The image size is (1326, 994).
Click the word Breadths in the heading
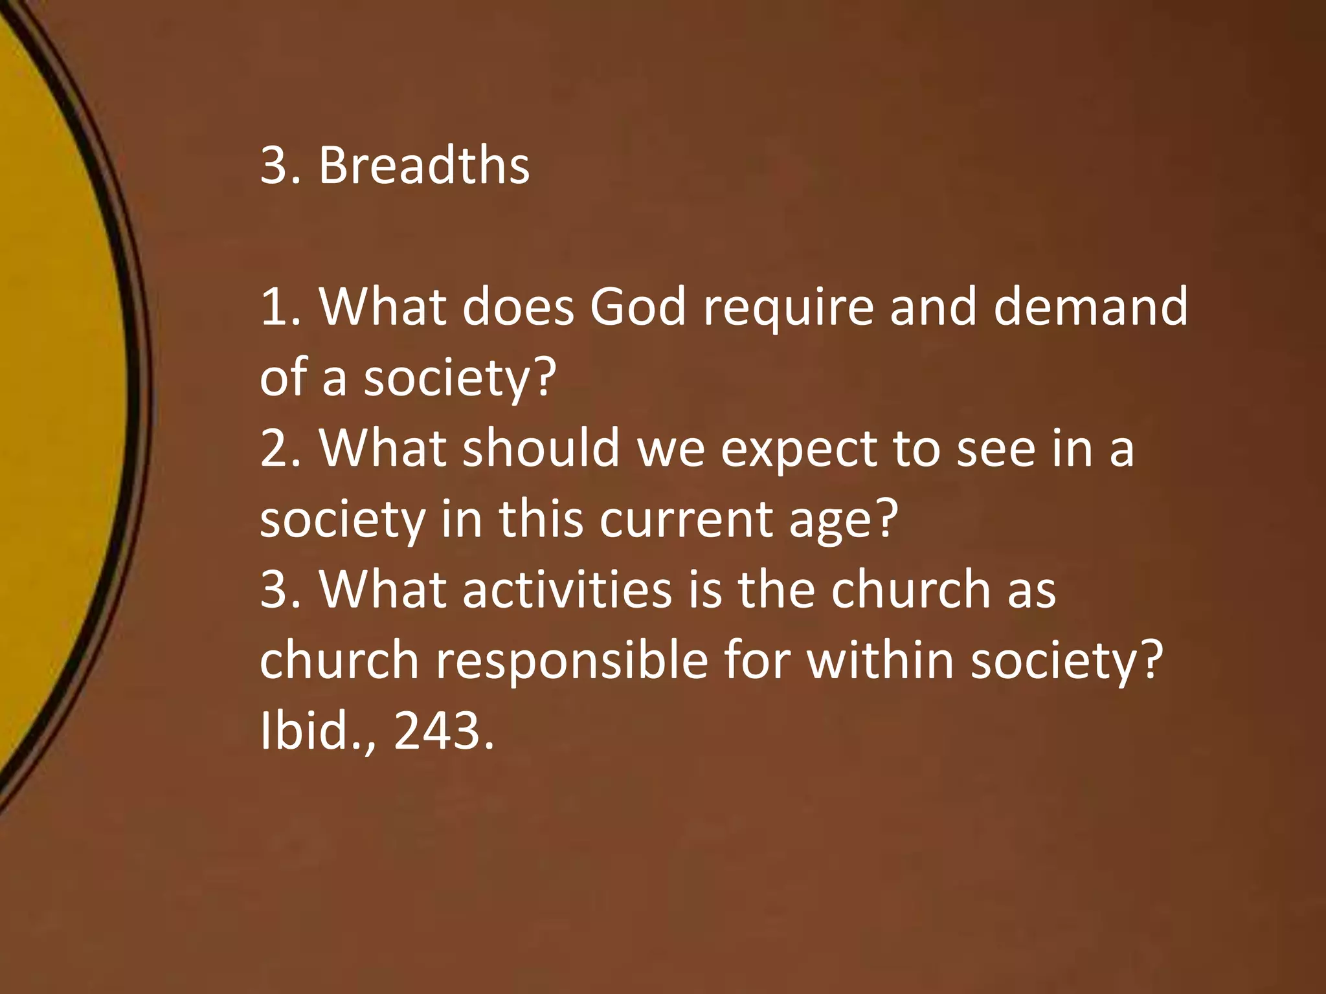click(424, 165)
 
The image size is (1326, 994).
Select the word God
click(637, 306)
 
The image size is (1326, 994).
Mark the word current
click(686, 519)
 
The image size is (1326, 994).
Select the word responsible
click(572, 661)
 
